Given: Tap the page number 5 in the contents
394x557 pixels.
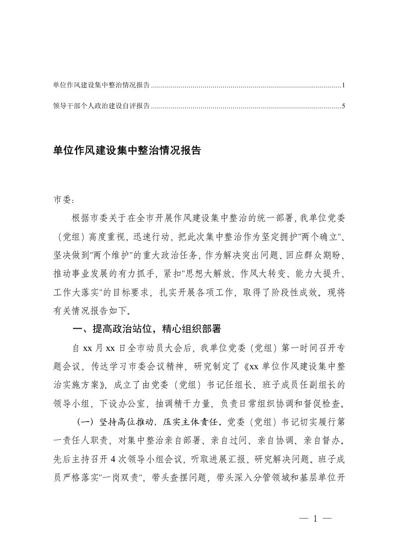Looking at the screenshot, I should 343,106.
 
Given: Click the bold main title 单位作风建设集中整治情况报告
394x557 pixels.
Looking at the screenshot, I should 126,151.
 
